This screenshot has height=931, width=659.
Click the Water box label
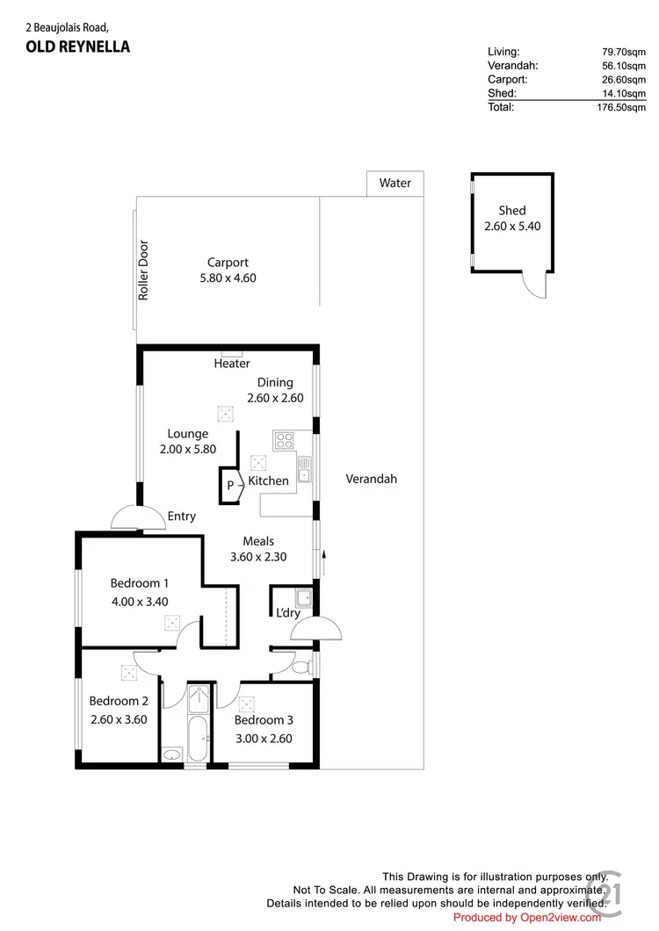(x=395, y=184)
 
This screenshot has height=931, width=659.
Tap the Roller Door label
(x=144, y=271)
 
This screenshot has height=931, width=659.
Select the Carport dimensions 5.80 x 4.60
(x=228, y=278)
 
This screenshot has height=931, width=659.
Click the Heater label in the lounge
(x=232, y=364)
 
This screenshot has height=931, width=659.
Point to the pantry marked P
(x=231, y=485)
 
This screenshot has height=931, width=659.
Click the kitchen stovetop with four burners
(x=284, y=440)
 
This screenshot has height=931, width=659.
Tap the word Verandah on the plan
(x=371, y=479)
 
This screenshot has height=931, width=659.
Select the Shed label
(x=512, y=211)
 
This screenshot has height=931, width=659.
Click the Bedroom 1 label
(x=139, y=583)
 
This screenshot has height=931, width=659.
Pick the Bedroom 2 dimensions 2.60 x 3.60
(x=118, y=719)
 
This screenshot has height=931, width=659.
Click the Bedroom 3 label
(x=264, y=720)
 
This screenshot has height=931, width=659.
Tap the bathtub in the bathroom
(x=199, y=740)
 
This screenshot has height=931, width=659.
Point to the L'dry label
(x=288, y=613)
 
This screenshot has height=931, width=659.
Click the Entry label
(x=181, y=516)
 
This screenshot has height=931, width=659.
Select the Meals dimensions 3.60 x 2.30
(x=258, y=557)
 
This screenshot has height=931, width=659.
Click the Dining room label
(x=275, y=382)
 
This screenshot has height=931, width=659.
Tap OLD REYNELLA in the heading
(x=78, y=47)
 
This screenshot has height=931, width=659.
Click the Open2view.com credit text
(x=527, y=918)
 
